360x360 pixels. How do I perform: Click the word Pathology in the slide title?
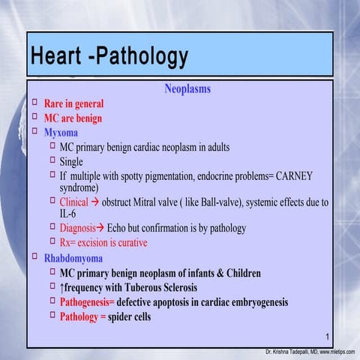(142, 57)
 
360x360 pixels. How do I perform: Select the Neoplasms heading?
(187, 89)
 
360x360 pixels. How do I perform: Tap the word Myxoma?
(61, 133)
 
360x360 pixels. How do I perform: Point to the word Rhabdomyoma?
(73, 259)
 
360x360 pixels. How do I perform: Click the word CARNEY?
(294, 175)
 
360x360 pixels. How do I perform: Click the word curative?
(127, 242)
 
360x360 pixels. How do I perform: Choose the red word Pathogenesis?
(86, 302)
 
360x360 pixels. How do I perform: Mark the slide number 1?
(328, 335)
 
